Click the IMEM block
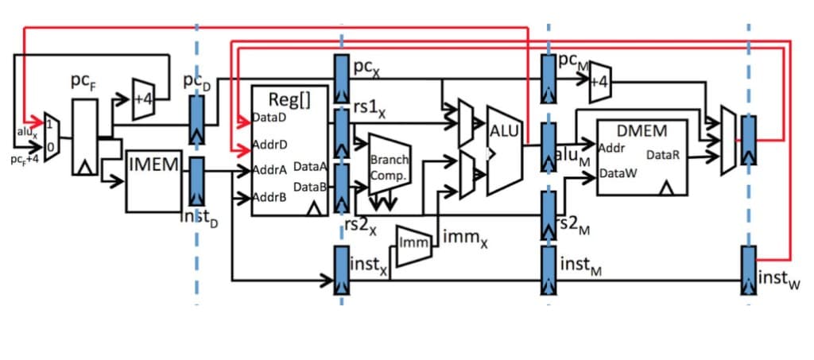pos(154,181)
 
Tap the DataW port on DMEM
pos(617,172)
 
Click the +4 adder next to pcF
pos(144,99)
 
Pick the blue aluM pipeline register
pos(548,146)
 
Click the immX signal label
pos(460,238)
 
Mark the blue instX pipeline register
pos(341,269)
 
